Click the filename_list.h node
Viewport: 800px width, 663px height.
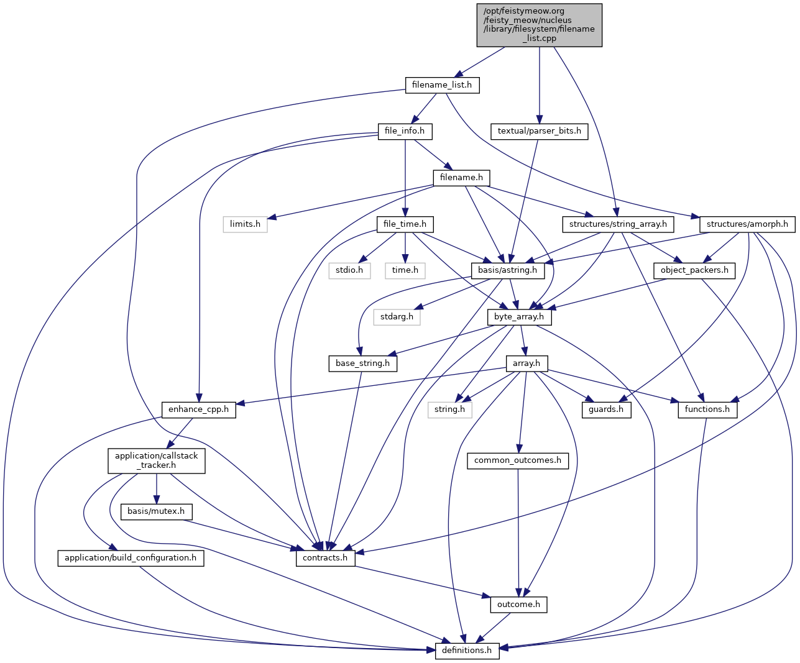pyautogui.click(x=442, y=85)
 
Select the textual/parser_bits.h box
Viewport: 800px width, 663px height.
pyautogui.click(x=539, y=131)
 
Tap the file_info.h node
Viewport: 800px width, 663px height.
pyautogui.click(x=405, y=131)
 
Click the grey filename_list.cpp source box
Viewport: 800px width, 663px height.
pyautogui.click(x=539, y=25)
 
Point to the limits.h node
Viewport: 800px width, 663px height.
pyautogui.click(x=245, y=224)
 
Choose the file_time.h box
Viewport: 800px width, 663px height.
pyautogui.click(x=405, y=224)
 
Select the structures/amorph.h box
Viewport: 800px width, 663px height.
pyautogui.click(x=747, y=224)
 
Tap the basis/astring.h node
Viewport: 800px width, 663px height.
pyautogui.click(x=508, y=271)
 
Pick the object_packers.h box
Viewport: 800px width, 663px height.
pyautogui.click(x=694, y=271)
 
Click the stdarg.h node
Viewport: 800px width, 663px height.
pyautogui.click(x=397, y=317)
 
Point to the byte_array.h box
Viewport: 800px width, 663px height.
pyautogui.click(x=519, y=317)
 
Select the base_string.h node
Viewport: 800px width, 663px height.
pyautogui.click(x=362, y=364)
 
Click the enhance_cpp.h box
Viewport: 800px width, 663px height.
pyautogui.click(x=199, y=409)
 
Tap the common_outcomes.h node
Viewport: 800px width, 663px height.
pyautogui.click(x=517, y=460)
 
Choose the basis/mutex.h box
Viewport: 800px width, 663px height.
pyautogui.click(x=156, y=511)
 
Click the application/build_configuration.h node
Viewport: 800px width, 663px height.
pyautogui.click(x=131, y=558)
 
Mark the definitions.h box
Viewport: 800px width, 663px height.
pyautogui.click(x=467, y=651)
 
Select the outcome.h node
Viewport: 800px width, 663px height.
pyautogui.click(x=519, y=605)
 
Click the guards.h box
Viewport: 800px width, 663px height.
pyautogui.click(x=606, y=409)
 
